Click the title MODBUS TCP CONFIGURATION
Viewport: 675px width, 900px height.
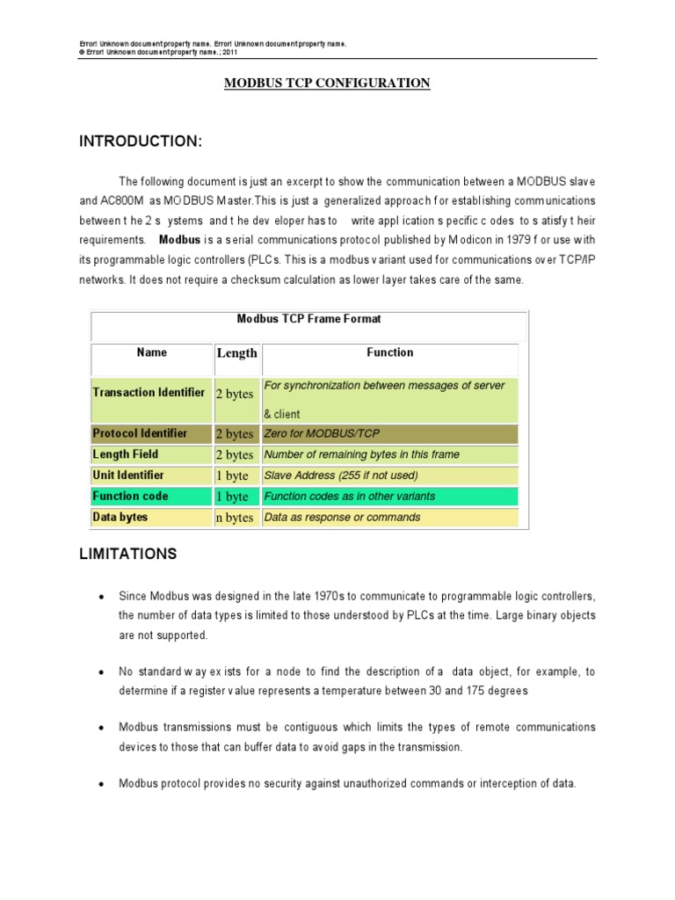(327, 83)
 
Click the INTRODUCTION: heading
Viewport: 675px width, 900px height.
(141, 142)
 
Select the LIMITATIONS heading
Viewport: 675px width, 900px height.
(128, 554)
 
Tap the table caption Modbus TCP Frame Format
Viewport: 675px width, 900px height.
(309, 319)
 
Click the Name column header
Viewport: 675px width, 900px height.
(151, 352)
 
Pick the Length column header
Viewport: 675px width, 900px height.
(236, 353)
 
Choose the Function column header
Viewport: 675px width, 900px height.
(389, 352)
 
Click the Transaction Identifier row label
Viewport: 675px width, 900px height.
(149, 393)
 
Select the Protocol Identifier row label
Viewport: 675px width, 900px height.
(140, 433)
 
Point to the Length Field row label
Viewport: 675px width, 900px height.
(125, 454)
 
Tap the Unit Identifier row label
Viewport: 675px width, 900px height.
(128, 475)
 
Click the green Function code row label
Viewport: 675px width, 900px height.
(130, 497)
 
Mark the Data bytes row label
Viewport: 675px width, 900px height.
(120, 518)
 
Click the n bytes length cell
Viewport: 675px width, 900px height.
(235, 519)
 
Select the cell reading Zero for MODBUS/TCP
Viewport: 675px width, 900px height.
(323, 433)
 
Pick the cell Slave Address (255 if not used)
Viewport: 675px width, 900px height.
(341, 475)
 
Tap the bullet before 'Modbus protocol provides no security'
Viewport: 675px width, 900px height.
(102, 784)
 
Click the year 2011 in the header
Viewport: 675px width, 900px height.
(229, 52)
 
